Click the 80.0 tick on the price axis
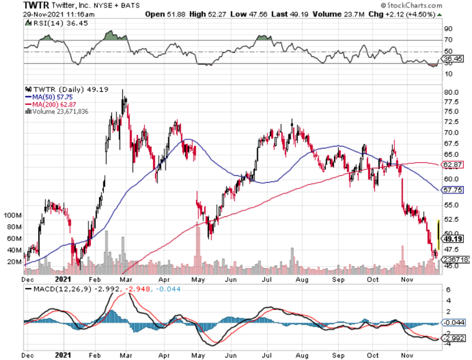coord(451,92)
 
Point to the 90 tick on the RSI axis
coord(447,28)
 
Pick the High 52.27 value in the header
coord(208,14)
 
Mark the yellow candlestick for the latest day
coord(439,234)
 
